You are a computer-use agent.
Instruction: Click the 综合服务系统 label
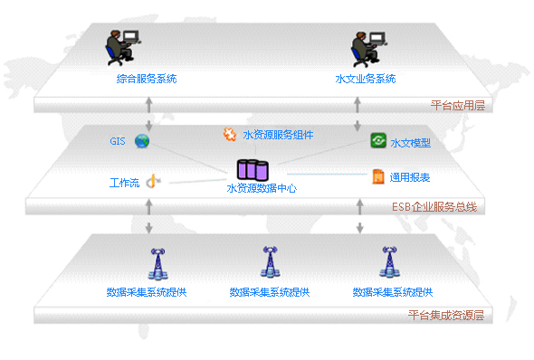click(147, 79)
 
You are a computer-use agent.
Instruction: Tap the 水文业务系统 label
click(366, 79)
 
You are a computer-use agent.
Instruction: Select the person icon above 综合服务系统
click(121, 47)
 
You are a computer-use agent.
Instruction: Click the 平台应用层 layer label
click(458, 106)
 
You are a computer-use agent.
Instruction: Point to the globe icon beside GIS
click(142, 140)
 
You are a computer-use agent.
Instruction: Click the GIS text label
click(118, 141)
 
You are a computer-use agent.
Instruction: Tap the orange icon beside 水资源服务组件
click(230, 134)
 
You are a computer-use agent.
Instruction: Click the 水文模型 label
click(410, 143)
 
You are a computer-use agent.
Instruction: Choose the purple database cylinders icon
click(253, 169)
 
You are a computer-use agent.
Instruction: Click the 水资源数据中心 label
click(262, 188)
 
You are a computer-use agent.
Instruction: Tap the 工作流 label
click(124, 183)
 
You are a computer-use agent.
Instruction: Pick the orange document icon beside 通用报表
click(378, 176)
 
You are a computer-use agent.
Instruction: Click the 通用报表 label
click(410, 178)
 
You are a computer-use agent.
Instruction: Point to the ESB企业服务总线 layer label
click(434, 208)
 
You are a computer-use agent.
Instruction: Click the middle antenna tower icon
click(269, 261)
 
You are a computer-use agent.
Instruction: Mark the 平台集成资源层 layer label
click(446, 316)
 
